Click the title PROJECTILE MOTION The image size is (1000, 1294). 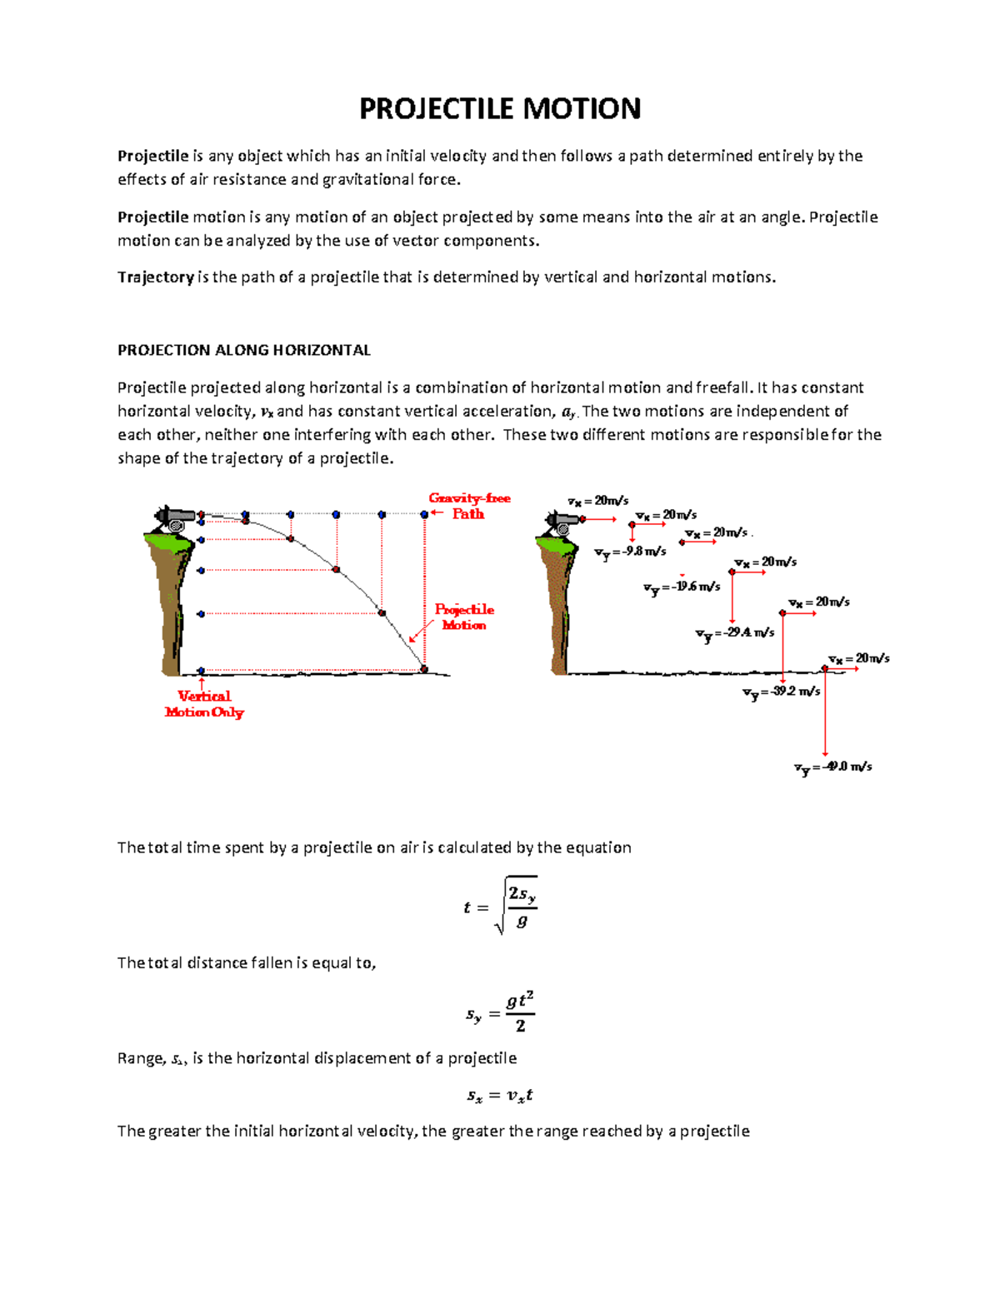499,109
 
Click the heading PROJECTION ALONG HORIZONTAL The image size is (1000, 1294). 243,350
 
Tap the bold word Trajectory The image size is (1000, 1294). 155,277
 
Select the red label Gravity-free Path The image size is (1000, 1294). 468,506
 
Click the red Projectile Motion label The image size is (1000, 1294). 464,617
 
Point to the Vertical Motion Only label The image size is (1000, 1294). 204,704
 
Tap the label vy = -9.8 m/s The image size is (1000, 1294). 630,552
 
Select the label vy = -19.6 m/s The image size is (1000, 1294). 682,587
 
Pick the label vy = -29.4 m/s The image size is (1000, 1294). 735,634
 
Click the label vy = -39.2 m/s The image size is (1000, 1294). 781,692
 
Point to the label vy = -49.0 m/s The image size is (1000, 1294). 832,767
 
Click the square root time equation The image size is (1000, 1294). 500,907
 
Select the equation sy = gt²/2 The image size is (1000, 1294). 500,1013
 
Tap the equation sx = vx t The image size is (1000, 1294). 499,1096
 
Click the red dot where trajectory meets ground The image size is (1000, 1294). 424,669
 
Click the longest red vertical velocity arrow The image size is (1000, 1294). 825,712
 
